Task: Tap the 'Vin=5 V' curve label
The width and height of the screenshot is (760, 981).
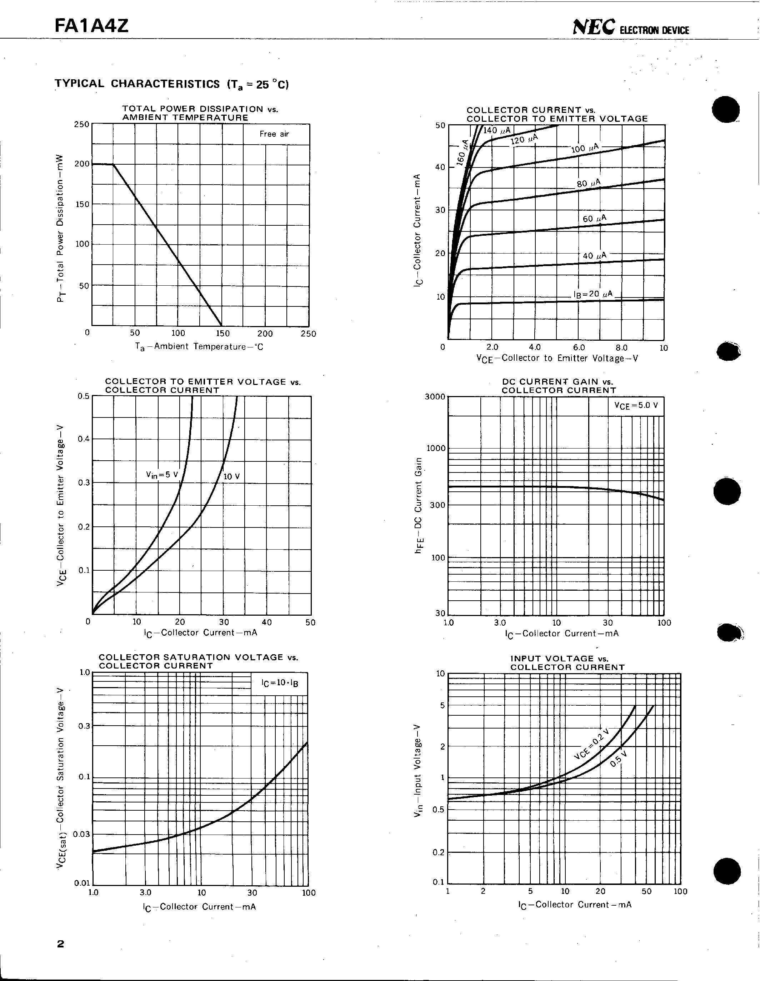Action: tap(162, 475)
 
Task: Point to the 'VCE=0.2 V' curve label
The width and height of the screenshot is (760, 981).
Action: tap(591, 744)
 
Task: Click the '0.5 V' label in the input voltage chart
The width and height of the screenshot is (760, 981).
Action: tap(618, 760)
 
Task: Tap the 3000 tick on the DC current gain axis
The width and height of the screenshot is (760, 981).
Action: tap(435, 397)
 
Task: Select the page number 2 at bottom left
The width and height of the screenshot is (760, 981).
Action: tap(61, 944)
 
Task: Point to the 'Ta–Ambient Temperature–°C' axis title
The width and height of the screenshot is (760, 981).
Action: tap(199, 347)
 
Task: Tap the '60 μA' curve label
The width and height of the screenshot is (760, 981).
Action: tap(594, 219)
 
